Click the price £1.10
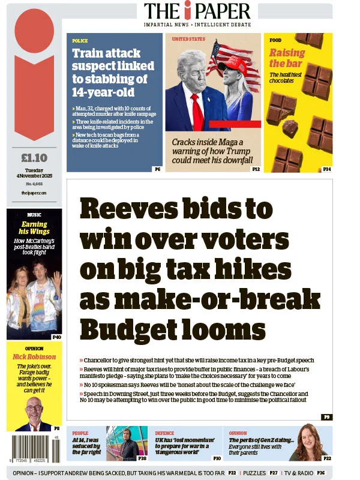pyautogui.click(x=34, y=158)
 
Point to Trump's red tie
pyautogui.click(x=196, y=112)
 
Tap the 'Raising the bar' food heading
pyautogui.click(x=286, y=58)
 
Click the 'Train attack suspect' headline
pyautogui.click(x=110, y=73)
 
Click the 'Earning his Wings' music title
pyautogui.click(x=34, y=228)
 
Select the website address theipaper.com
pyautogui.click(x=34, y=193)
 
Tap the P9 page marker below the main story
pyautogui.click(x=326, y=416)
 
